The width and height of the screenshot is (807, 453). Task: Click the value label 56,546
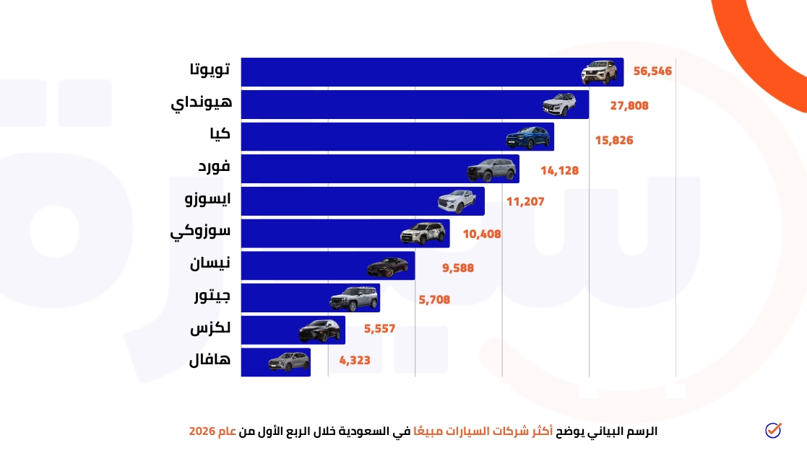[652, 72]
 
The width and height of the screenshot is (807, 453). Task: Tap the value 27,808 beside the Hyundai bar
[629, 105]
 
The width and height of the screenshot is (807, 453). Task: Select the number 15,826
[614, 140]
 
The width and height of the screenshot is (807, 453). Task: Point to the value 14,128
[559, 171]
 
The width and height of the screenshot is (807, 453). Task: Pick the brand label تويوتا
[210, 70]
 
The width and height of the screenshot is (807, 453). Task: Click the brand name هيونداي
[202, 103]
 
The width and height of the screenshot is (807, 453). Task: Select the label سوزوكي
[201, 232]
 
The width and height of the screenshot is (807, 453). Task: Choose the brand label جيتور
[212, 295]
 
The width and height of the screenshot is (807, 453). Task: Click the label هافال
[210, 359]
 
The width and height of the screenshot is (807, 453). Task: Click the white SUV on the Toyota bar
[600, 72]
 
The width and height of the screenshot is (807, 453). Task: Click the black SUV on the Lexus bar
[319, 331]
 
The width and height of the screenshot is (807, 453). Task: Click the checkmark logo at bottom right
[773, 430]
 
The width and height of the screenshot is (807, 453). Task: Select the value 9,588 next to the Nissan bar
[458, 268]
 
